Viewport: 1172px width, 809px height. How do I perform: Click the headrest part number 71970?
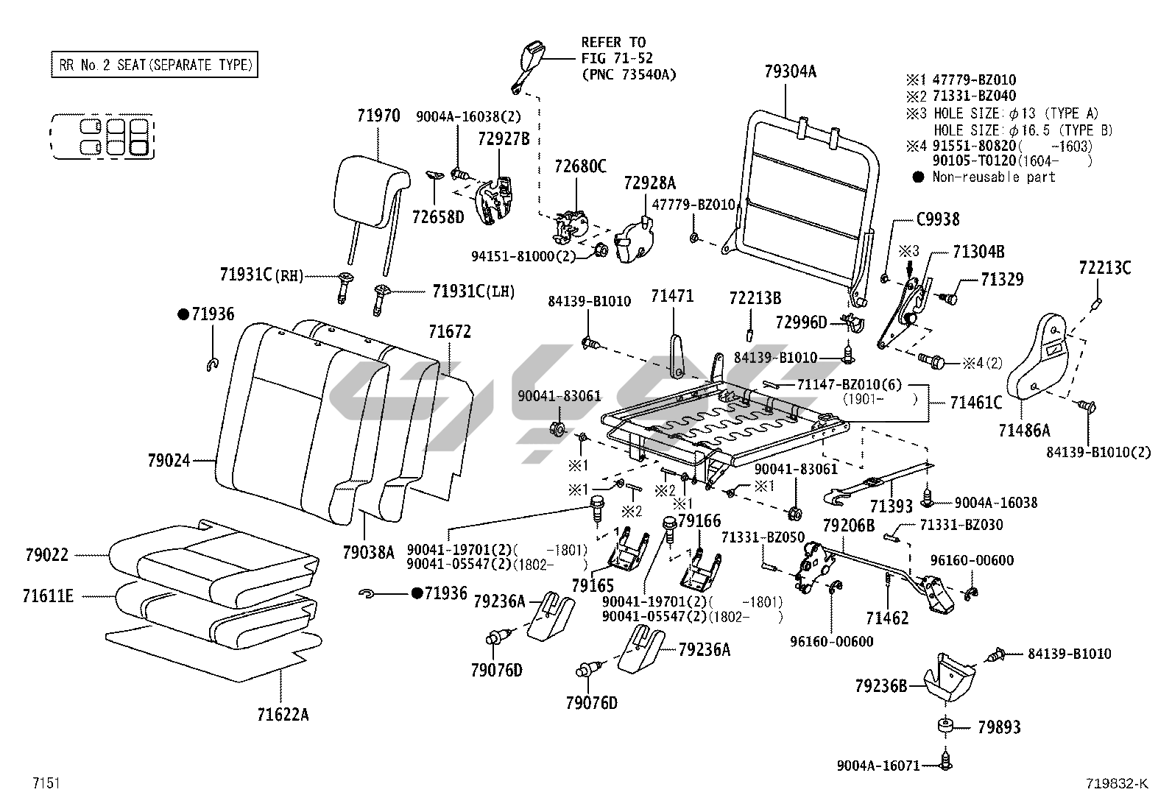coord(378,116)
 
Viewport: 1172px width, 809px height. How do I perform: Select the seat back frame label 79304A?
coord(790,72)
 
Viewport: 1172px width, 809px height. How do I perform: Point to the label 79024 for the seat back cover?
coord(169,461)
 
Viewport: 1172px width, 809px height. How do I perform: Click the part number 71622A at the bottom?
coord(283,714)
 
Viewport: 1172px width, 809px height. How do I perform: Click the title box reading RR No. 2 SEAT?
coord(154,65)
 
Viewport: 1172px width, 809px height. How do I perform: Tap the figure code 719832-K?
coord(1115,783)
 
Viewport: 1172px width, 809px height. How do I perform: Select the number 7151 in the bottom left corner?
coord(46,783)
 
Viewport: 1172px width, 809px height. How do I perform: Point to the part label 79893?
coord(999,727)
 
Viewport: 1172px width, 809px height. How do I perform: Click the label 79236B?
coord(881,686)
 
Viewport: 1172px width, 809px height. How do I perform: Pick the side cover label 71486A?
coord(1024,430)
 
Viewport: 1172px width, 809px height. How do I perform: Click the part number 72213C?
coord(1104,268)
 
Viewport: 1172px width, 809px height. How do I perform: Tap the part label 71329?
coord(1002,280)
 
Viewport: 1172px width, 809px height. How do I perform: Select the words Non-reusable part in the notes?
coord(993,177)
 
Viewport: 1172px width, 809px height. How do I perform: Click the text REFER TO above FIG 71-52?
coord(613,42)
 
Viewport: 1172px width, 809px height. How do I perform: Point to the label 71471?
coord(672,297)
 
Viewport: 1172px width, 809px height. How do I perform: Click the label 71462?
coord(887,618)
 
